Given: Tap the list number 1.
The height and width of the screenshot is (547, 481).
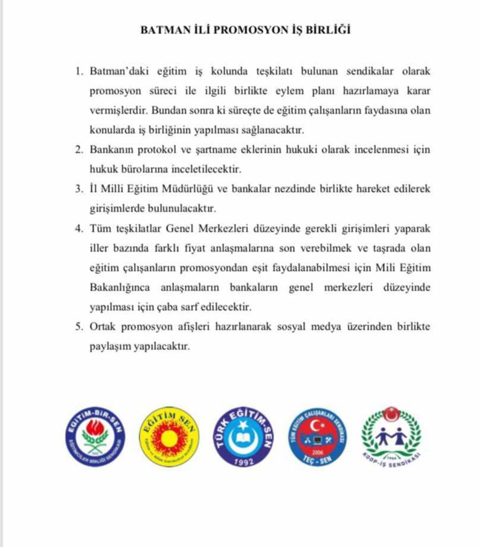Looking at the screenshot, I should click(79, 72).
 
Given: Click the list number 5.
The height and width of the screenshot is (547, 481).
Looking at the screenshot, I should click(79, 327).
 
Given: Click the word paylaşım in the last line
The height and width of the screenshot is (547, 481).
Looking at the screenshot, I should click(109, 347).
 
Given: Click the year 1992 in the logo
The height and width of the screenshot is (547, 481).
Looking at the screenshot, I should click(243, 460).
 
